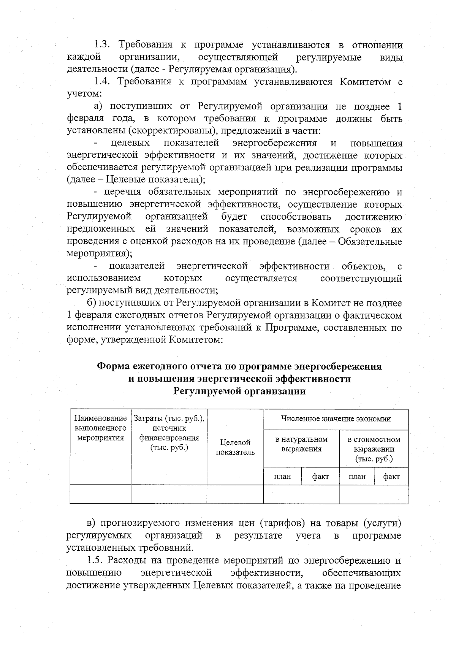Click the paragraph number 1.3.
(x=102, y=45)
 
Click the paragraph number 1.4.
(x=101, y=82)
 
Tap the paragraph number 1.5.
(x=95, y=561)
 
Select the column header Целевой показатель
(x=235, y=447)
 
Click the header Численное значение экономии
(x=336, y=419)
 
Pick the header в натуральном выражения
(x=301, y=444)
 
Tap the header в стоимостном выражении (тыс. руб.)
(x=374, y=449)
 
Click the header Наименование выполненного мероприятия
(x=100, y=428)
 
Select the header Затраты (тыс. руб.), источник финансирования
(x=169, y=433)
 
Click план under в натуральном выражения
(x=282, y=477)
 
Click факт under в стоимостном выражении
(x=391, y=477)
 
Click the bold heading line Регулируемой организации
(x=239, y=391)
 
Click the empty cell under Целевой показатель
(x=235, y=494)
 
